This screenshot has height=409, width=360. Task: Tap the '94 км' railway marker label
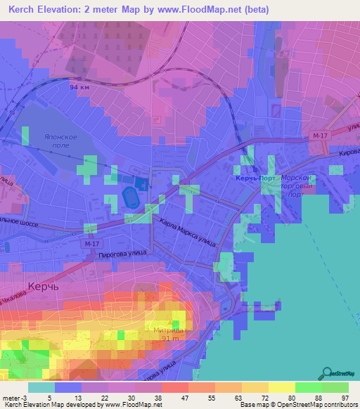(x=79, y=87)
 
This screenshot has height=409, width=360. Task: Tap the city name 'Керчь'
(x=49, y=286)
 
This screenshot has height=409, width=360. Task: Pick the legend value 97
(x=345, y=397)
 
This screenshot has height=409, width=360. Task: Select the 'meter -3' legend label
(x=13, y=397)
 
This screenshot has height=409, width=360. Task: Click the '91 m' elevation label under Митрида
(x=167, y=339)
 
